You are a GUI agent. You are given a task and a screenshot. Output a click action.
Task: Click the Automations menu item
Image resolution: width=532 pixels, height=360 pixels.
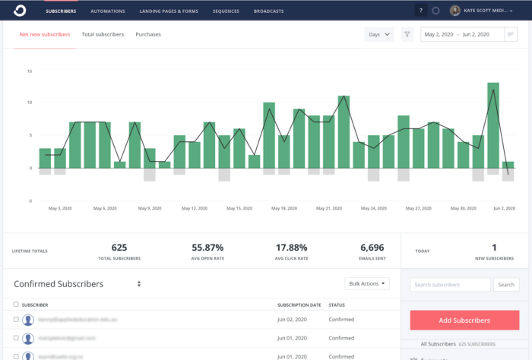[x=107, y=11]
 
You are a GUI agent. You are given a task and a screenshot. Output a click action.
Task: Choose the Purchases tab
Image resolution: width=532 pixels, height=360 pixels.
[x=147, y=35]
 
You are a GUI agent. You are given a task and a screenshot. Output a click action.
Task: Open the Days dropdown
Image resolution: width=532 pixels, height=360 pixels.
[x=379, y=34]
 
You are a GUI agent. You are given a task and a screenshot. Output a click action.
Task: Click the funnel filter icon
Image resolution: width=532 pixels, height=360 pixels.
[x=407, y=34]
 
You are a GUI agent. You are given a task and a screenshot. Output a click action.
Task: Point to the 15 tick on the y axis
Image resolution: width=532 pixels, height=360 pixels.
[x=29, y=71]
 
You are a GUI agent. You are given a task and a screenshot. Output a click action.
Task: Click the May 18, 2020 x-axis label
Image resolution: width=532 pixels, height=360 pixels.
[x=283, y=207]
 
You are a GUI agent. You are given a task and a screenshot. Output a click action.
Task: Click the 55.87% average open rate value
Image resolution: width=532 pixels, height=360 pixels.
[x=207, y=248]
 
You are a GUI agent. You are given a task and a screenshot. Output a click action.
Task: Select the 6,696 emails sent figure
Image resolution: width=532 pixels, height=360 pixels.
[x=373, y=248]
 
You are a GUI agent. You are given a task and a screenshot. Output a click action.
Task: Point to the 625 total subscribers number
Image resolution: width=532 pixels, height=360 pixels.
[x=119, y=248]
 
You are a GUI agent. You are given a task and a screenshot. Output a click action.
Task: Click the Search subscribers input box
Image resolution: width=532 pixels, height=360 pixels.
[x=450, y=285]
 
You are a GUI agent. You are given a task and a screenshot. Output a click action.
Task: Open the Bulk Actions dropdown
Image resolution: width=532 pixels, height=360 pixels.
[x=367, y=284]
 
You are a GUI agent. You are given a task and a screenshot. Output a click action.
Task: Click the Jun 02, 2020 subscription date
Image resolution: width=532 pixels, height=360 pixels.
[x=293, y=320]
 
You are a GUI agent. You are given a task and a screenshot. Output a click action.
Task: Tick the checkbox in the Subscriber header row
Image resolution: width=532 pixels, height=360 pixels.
[x=17, y=305]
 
